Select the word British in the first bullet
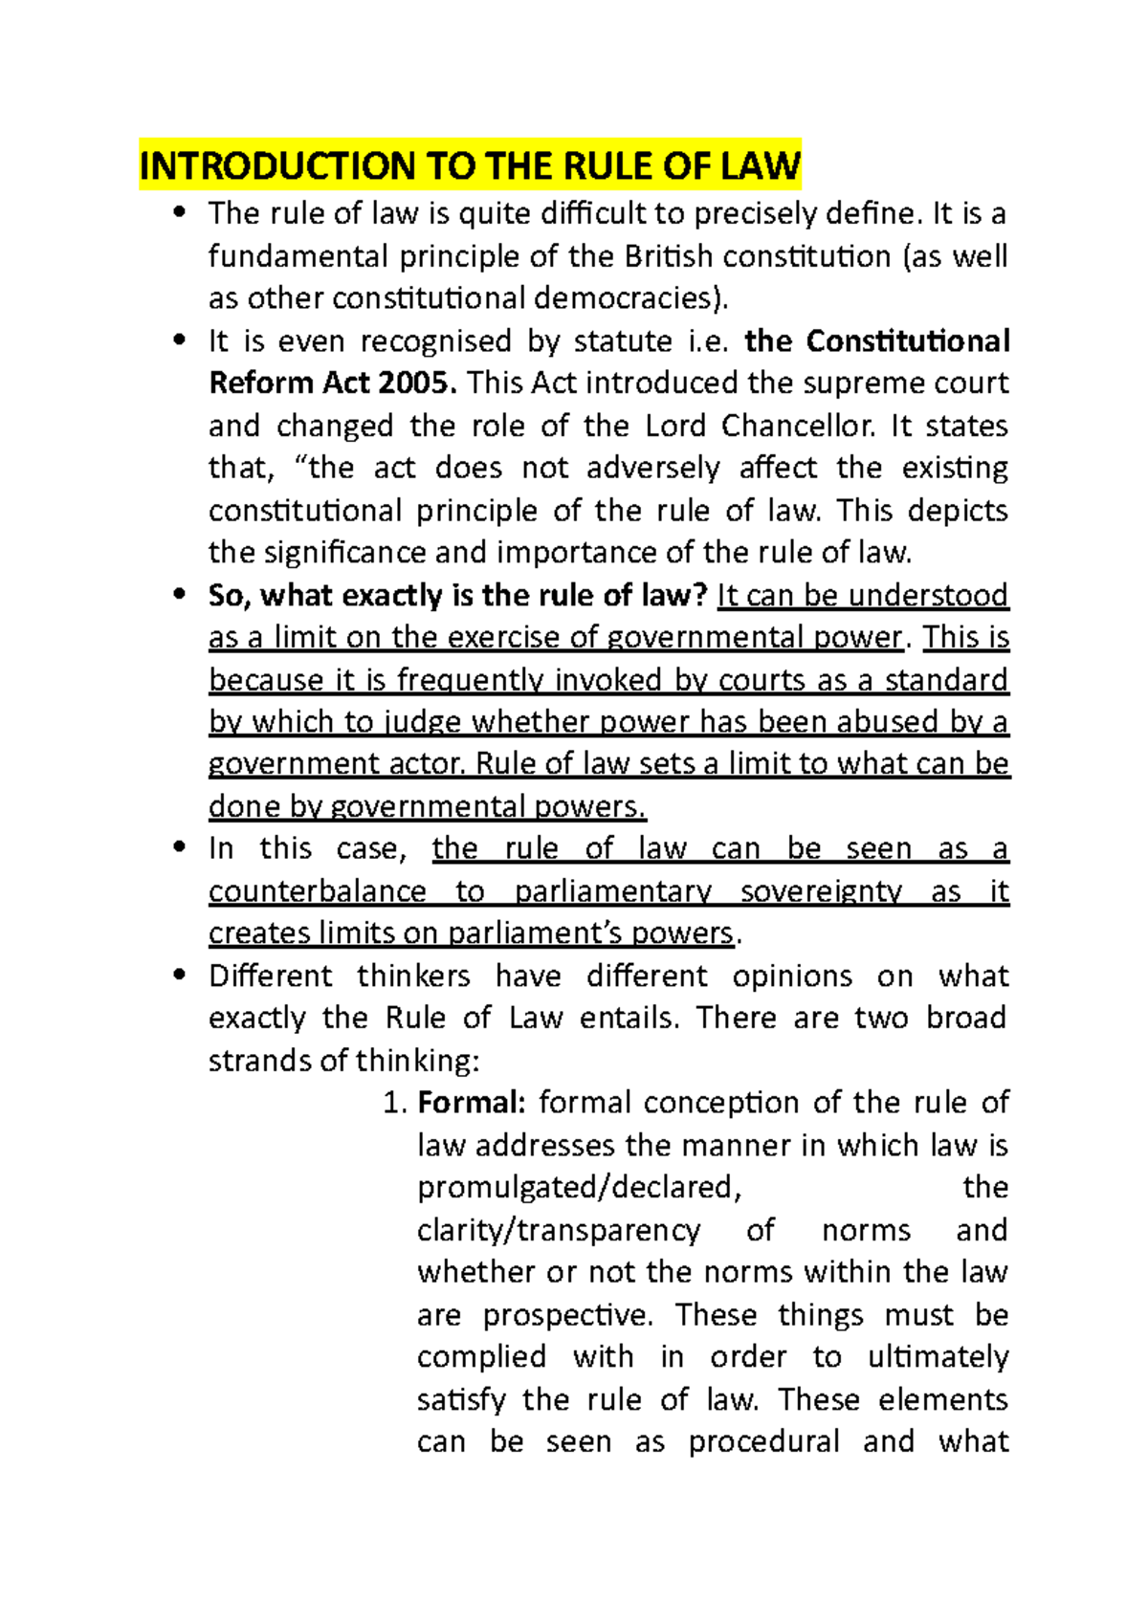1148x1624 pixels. coord(669,256)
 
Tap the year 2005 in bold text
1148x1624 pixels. coord(417,383)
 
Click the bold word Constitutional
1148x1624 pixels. coord(908,340)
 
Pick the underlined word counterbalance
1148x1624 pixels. coord(317,891)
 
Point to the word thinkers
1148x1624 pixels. coord(413,976)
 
